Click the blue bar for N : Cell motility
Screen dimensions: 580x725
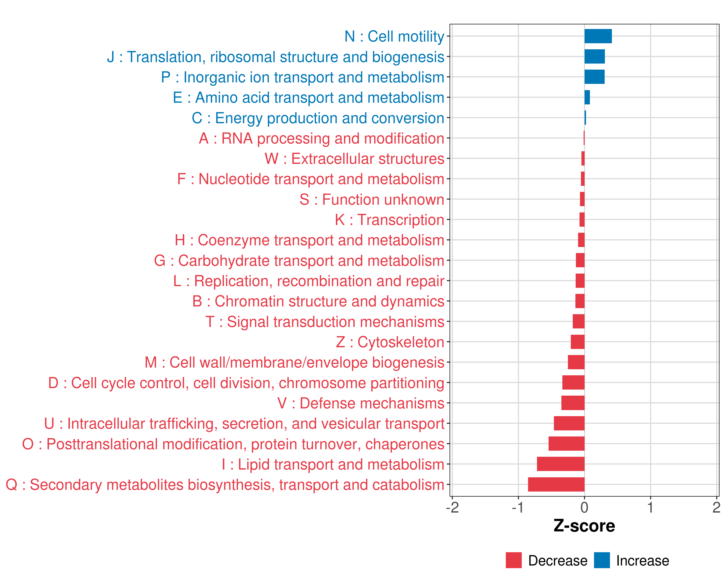pyautogui.click(x=598, y=36)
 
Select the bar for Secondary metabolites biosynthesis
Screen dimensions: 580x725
pyautogui.click(x=556, y=485)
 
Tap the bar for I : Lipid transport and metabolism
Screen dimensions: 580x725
pyautogui.click(x=561, y=464)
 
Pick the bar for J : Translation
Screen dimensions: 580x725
pyautogui.click(x=594, y=57)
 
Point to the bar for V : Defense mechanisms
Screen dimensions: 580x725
pyautogui.click(x=573, y=403)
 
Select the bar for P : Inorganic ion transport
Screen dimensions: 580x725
pyautogui.click(x=594, y=77)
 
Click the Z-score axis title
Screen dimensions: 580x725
pyautogui.click(x=584, y=526)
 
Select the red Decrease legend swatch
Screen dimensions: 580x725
pyautogui.click(x=514, y=560)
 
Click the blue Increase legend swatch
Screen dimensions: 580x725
pyautogui.click(x=602, y=560)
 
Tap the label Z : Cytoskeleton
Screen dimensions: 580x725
pyautogui.click(x=390, y=342)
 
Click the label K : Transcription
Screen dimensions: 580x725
pyautogui.click(x=389, y=220)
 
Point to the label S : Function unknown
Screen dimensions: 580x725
pyautogui.click(x=372, y=199)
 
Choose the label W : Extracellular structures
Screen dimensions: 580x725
pyautogui.click(x=355, y=159)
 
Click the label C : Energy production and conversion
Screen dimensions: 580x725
pyautogui.click(x=318, y=118)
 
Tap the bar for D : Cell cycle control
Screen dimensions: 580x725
pyautogui.click(x=573, y=383)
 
